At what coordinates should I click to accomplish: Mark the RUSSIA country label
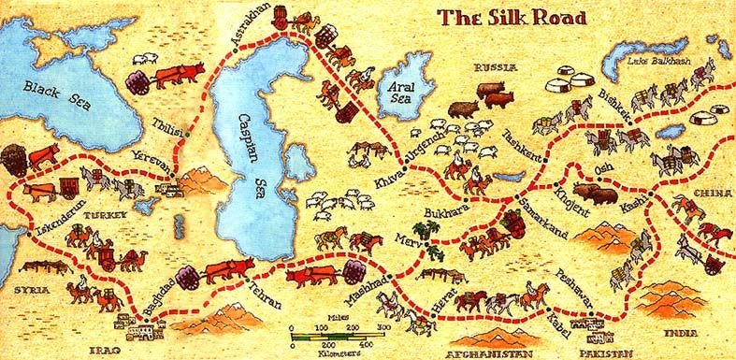(496, 68)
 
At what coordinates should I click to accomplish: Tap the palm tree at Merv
(430, 248)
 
